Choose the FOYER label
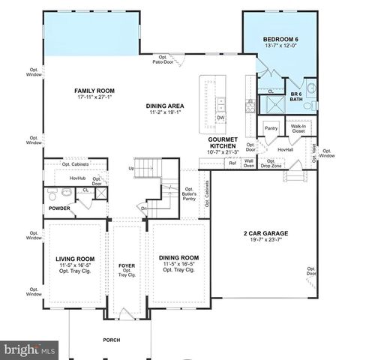click(x=126, y=265)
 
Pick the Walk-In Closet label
click(x=299, y=130)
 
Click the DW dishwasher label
click(x=220, y=118)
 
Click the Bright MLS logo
click(x=29, y=349)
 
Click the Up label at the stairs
click(x=132, y=169)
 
